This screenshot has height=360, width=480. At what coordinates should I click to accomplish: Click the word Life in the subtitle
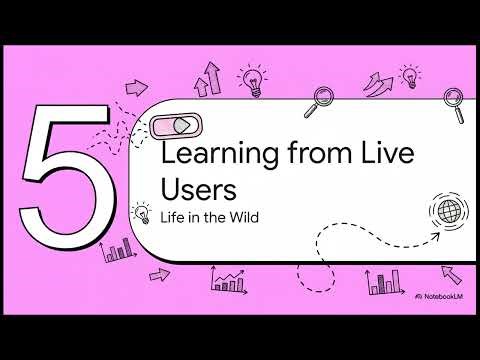tap(171, 217)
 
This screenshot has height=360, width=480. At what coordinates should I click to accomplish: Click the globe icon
tap(446, 211)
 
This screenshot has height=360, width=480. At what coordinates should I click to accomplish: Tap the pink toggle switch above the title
tap(176, 125)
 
